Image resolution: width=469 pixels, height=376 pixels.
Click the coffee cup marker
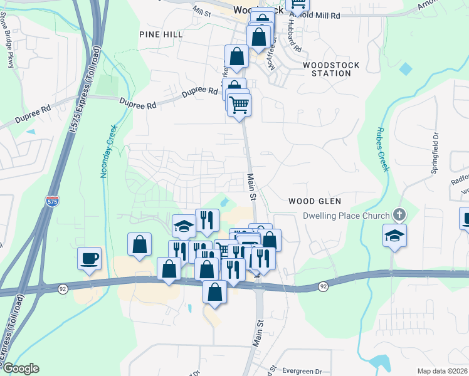[x=89, y=258]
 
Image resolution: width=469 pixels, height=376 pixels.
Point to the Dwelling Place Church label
[x=347, y=216]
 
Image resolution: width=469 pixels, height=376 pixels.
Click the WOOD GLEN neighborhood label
[x=315, y=201]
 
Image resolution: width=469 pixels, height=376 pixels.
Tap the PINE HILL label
[x=161, y=34]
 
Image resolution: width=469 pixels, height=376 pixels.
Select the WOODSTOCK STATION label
[x=327, y=69]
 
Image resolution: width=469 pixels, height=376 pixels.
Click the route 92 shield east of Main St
[x=323, y=286]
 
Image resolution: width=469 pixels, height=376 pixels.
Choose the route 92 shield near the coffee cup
[x=63, y=288]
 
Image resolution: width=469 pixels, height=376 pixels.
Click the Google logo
[x=20, y=368]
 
